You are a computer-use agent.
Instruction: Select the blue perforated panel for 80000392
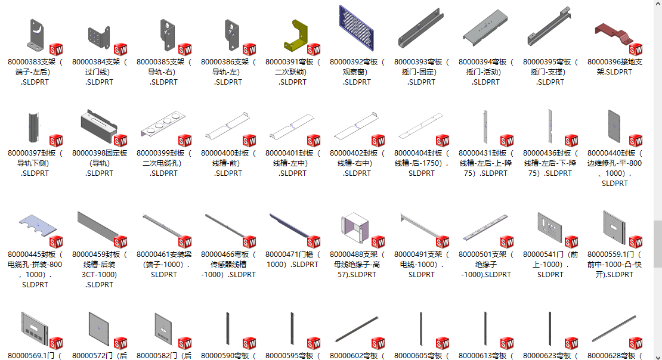coord(357,28)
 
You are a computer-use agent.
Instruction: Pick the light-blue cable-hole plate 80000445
coord(36,226)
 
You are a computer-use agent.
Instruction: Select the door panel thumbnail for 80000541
coord(549,226)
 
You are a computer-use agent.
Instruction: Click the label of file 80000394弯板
coord(485,72)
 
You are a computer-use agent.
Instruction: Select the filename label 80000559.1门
coord(614,264)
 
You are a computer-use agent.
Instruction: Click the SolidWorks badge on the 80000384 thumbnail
coord(120,49)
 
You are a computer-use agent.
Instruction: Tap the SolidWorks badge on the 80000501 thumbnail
coord(507,241)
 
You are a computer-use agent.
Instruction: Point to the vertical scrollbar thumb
coord(657,244)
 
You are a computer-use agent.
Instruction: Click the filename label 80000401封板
coord(292,163)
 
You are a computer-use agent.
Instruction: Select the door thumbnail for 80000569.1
coord(33,329)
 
